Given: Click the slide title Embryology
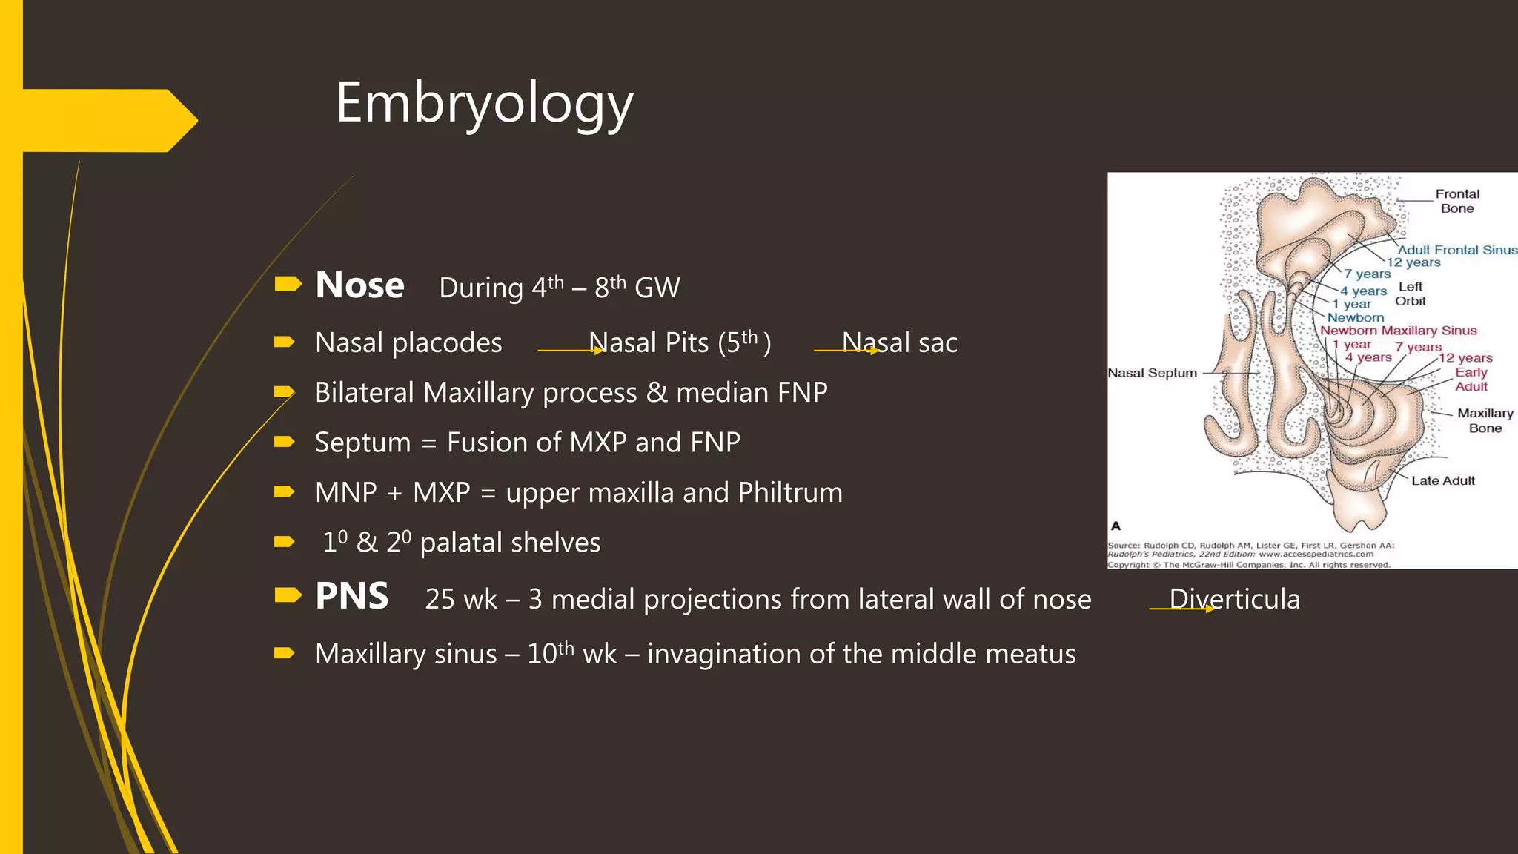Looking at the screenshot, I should point(484,104).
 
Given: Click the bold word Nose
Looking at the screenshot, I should point(359,285).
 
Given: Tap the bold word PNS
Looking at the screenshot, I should point(351,597).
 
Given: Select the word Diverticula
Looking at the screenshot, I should point(1234,599).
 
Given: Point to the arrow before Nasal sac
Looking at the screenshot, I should point(845,350).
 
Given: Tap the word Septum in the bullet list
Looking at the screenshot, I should point(362,443).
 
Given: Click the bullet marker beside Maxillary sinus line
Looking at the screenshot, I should point(284,653).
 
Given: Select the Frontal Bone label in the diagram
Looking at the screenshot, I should point(1456,201).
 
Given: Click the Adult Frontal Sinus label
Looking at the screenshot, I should point(1456,250).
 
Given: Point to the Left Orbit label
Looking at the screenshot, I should point(1410,294).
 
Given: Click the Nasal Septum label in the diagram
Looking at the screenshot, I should point(1152,373).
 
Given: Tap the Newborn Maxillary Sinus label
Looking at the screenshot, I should point(1398,331).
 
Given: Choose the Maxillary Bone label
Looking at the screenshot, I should point(1485,420).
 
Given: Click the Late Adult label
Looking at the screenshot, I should point(1442,481).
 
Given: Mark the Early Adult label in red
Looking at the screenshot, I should point(1471,380).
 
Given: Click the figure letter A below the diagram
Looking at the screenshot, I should point(1116,526).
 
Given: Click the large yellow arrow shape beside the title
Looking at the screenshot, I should point(111,120).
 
